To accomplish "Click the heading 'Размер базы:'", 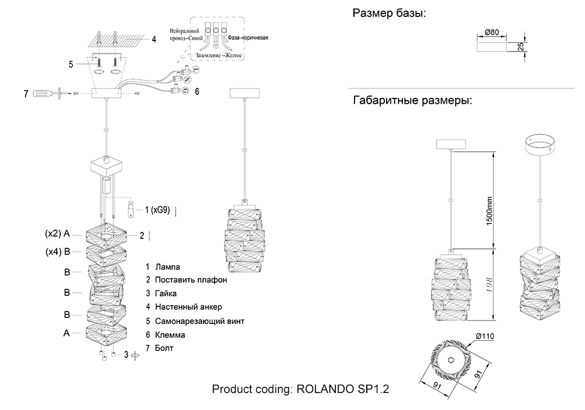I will coord(388,13).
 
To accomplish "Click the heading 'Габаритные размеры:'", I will coord(412,101).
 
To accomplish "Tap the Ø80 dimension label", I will coord(491,33).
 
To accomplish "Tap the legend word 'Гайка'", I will coord(166,293).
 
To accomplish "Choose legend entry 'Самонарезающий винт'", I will coord(199,321).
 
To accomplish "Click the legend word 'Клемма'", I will coord(170,335).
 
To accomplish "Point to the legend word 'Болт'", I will coord(165,348).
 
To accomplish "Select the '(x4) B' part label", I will coord(57,252).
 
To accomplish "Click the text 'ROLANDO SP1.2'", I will coord(343,389).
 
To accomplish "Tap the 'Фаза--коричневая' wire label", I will coord(249,37).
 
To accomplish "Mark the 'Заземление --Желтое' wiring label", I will coord(216,56).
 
